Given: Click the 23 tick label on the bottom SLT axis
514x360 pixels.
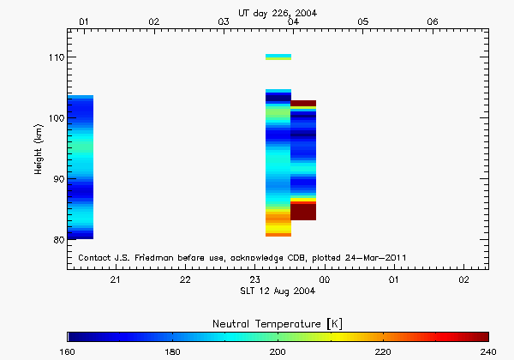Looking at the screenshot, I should tap(255, 279).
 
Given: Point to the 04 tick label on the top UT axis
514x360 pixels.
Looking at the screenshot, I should tap(294, 21).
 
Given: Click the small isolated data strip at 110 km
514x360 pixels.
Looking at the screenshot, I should tap(278, 57).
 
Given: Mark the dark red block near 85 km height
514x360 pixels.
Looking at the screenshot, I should tap(303, 211).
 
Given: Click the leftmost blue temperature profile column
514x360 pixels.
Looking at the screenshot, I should tap(81, 167).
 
